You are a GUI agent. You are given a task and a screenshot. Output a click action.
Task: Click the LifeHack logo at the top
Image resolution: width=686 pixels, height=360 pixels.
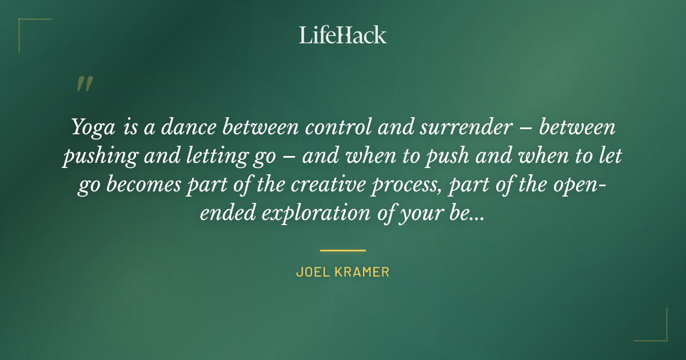pyautogui.click(x=342, y=35)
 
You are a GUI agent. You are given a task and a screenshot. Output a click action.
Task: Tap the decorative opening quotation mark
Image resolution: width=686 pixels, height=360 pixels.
pyautogui.click(x=85, y=85)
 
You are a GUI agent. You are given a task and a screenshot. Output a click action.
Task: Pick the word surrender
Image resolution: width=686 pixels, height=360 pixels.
pyautogui.click(x=460, y=127)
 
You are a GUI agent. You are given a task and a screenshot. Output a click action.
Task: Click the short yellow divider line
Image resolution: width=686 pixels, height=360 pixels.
pyautogui.click(x=342, y=250)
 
